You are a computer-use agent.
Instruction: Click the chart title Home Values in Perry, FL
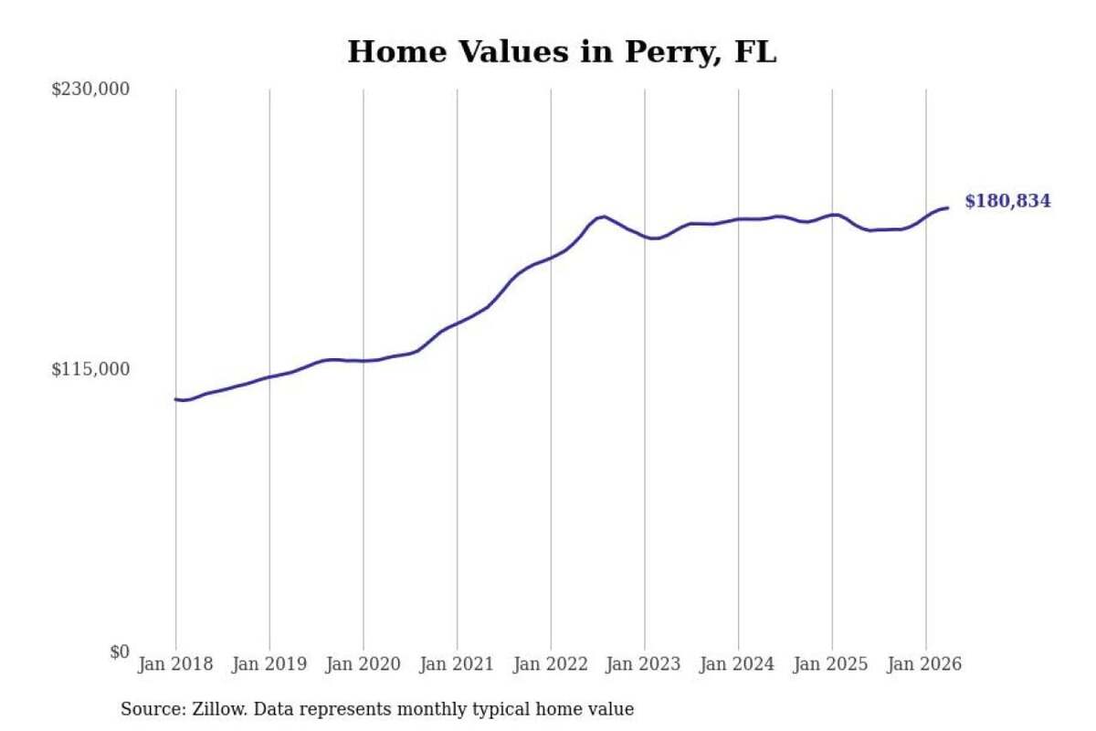tap(562, 52)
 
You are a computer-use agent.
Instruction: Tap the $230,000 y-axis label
tap(90, 90)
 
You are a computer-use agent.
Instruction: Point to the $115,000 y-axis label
tap(90, 369)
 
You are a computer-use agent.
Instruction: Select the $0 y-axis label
tap(120, 652)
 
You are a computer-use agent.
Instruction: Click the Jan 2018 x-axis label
tap(175, 664)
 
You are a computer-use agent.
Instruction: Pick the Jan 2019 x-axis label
tap(269, 664)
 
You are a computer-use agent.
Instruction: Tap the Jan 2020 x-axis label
tap(364, 664)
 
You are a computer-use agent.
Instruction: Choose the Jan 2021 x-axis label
tap(457, 664)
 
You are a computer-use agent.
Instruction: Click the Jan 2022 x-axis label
tap(551, 664)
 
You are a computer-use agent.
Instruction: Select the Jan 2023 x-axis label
tap(643, 664)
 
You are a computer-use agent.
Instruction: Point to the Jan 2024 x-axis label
tap(737, 664)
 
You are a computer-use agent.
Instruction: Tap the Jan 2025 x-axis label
tap(831, 664)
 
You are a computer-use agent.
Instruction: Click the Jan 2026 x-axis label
tap(924, 664)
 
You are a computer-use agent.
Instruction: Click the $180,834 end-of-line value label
tap(1008, 201)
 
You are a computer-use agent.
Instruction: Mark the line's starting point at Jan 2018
tap(176, 399)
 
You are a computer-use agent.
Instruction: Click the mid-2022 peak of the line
tap(605, 217)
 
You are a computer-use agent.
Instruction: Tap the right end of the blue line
tap(948, 208)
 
